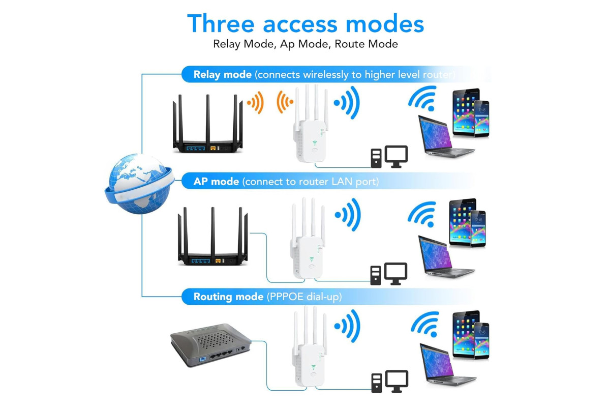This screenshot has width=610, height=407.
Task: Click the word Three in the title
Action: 221,23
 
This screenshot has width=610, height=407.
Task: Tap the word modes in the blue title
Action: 384,23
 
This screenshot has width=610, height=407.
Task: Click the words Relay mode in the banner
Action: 223,74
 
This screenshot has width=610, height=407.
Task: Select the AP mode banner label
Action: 216,181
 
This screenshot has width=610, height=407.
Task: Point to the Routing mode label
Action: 228,297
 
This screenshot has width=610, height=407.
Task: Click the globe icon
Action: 139,184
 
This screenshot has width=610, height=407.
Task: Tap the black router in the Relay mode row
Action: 207,124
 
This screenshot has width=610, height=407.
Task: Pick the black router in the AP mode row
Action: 212,236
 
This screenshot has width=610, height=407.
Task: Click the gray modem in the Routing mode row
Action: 210,345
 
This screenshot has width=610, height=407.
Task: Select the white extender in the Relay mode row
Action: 311,124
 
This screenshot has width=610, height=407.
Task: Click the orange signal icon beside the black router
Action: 256,102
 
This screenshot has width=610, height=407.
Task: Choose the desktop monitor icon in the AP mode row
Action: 395,273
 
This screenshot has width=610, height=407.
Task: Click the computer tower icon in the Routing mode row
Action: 377,383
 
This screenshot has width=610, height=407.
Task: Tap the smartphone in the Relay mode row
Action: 481,119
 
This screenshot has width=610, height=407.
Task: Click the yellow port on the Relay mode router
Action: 213,148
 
